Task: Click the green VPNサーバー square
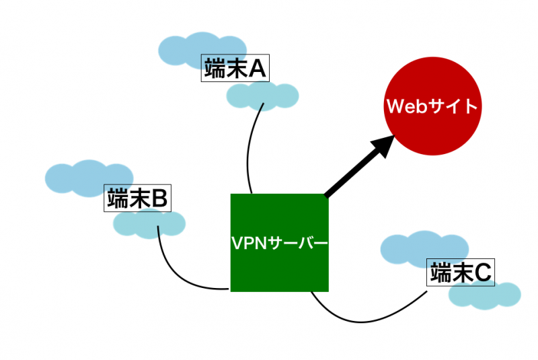coord(279,269)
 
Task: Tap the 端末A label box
coord(235,69)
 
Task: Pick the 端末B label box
coord(139,199)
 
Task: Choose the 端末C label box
coord(461,273)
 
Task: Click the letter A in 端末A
coord(258,69)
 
